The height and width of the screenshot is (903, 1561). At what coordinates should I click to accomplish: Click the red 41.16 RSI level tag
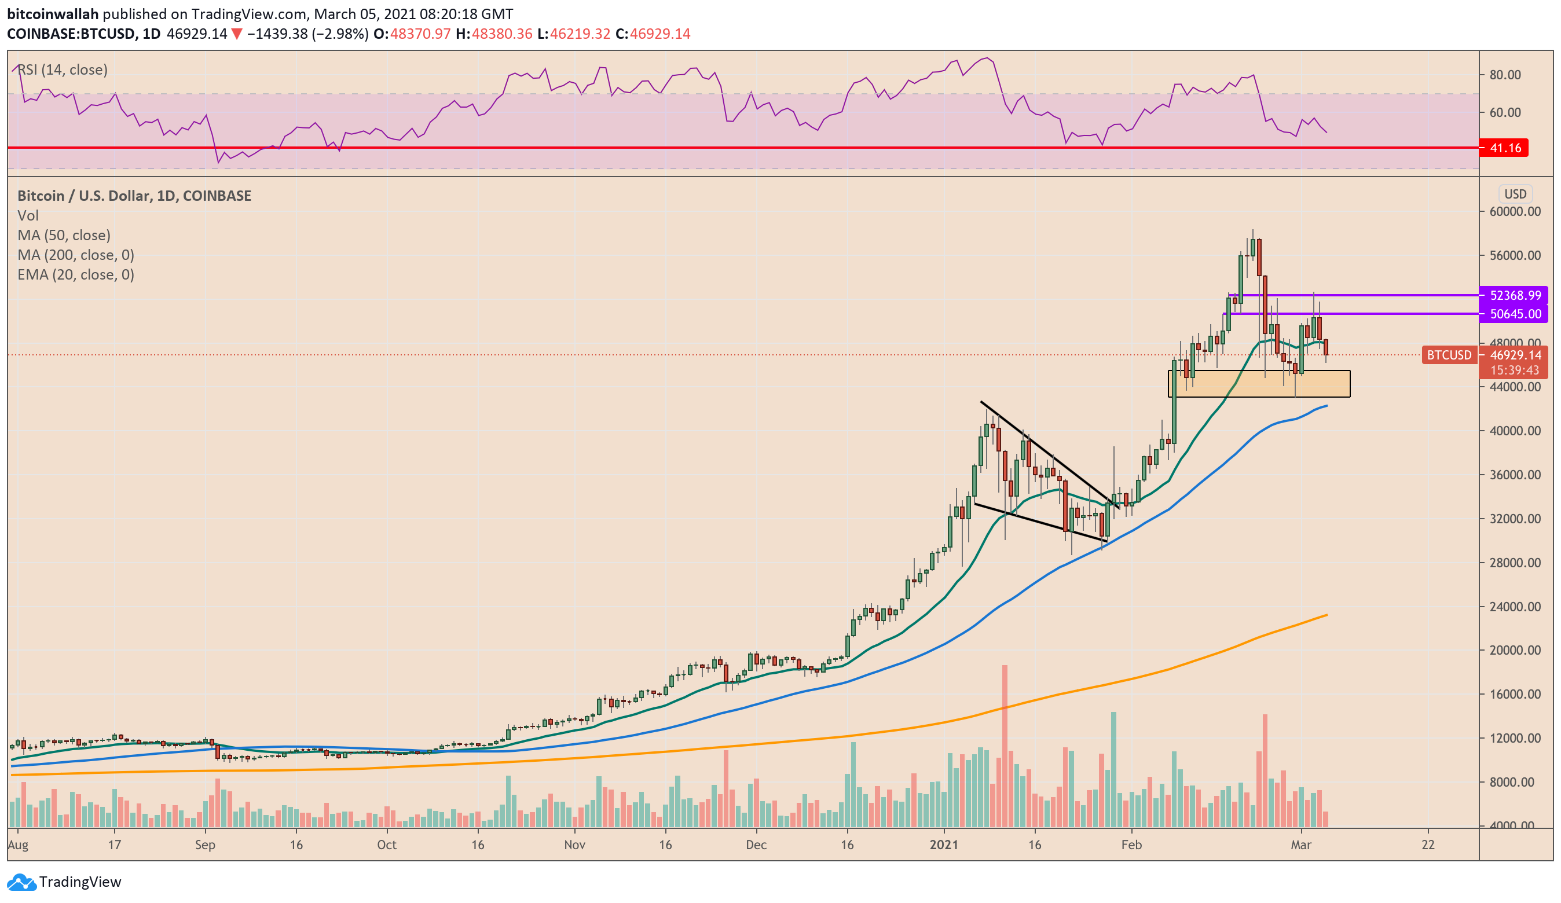(1505, 148)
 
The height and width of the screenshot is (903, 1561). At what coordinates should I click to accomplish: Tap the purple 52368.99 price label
(1515, 295)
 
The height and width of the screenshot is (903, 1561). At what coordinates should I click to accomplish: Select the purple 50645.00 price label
(1515, 314)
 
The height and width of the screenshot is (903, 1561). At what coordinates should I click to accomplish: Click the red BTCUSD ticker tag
(1449, 355)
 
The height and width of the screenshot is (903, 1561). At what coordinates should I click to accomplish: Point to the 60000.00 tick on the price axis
(1515, 211)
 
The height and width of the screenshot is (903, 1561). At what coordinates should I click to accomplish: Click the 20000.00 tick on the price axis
(1515, 649)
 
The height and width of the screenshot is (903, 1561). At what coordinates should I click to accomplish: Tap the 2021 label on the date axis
(943, 845)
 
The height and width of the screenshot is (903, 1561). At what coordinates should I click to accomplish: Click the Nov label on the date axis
(574, 845)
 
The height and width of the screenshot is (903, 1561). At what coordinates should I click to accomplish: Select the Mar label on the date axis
(1301, 845)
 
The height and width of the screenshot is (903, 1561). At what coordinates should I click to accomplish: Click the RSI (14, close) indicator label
(63, 69)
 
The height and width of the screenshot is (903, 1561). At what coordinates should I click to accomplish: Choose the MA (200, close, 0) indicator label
(76, 255)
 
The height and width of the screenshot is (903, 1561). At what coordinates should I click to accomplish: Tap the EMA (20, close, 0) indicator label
(76, 274)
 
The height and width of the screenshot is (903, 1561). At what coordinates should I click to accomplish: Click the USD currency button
(1515, 194)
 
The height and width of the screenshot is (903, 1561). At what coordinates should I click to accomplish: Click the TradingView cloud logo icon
(21, 882)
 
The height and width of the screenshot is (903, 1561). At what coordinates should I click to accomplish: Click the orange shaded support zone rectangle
(1259, 384)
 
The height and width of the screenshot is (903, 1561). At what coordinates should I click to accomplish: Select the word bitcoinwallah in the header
(53, 14)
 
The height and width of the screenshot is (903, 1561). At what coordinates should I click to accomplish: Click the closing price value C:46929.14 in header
(653, 34)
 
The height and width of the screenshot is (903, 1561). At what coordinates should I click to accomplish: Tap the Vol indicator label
(28, 215)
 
